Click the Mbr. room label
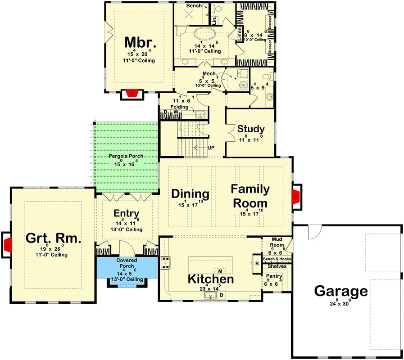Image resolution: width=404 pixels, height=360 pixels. (140, 43)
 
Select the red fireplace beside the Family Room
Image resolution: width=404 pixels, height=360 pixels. (296, 197)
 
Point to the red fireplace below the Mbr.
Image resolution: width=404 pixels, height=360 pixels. (132, 94)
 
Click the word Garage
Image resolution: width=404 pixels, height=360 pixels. (341, 291)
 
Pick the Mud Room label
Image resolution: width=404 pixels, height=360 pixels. (277, 242)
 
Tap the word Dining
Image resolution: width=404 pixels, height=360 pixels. (190, 194)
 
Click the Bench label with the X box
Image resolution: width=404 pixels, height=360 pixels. (194, 6)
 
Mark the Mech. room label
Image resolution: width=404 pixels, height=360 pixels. (210, 73)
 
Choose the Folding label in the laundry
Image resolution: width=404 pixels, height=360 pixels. (179, 107)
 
